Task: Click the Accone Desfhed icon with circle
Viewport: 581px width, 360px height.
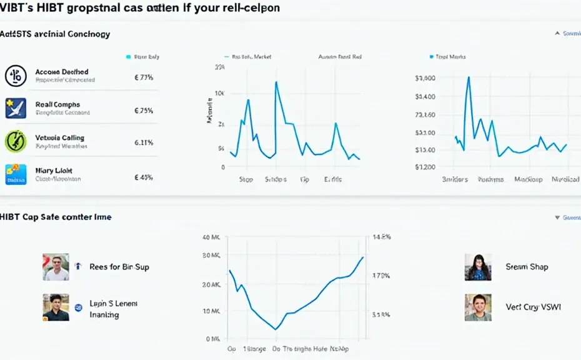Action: [16, 76]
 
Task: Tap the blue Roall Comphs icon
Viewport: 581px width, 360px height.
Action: [15, 108]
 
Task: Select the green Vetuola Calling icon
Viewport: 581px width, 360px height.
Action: [15, 141]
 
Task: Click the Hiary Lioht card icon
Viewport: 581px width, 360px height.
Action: [16, 174]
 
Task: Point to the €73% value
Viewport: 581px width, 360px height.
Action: [144, 77]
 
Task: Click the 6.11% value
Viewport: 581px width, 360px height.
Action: [144, 142]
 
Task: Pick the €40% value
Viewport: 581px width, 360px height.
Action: [144, 177]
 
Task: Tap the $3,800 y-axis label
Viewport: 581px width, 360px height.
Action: [425, 79]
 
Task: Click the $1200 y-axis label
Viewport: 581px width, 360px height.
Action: [425, 167]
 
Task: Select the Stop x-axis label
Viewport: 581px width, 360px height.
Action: [246, 179]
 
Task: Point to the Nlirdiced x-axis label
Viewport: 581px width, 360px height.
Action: [565, 179]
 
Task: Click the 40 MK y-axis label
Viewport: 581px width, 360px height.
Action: [212, 237]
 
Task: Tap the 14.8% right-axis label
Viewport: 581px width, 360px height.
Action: [381, 237]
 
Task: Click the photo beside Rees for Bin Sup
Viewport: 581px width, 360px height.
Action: [56, 267]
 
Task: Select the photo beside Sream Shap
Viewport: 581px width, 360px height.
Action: [478, 267]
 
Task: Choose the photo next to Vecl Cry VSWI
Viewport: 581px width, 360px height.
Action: [478, 307]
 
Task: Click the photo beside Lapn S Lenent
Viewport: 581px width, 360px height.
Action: [56, 307]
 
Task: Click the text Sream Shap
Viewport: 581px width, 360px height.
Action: [527, 267]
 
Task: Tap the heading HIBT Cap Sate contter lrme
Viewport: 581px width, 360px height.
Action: [56, 217]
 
